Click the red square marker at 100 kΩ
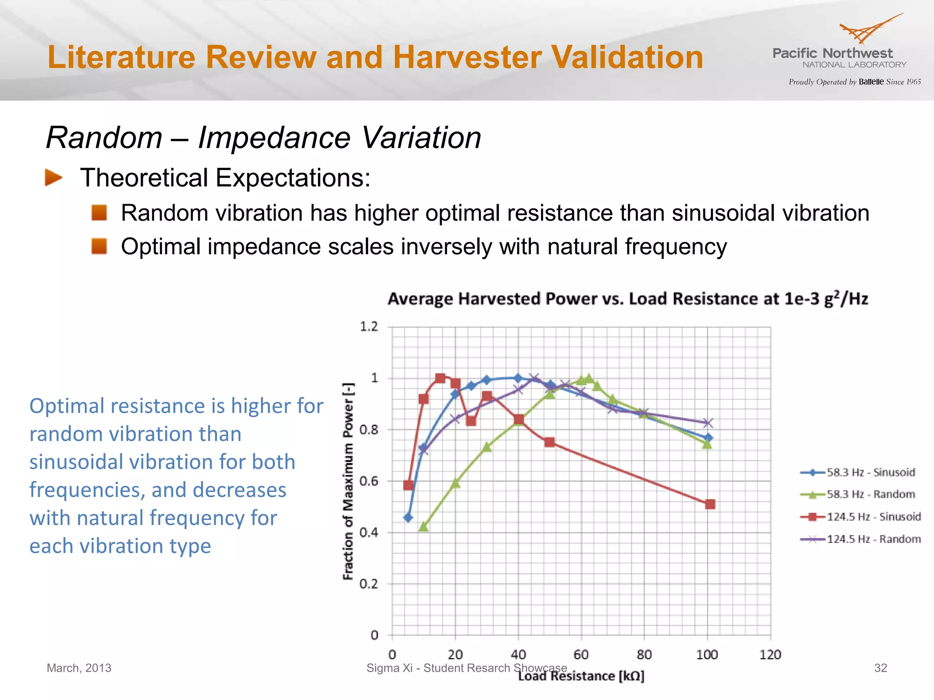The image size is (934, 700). [x=710, y=504]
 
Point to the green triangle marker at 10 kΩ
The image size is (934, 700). [x=423, y=526]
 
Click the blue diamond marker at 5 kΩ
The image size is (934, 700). [x=408, y=518]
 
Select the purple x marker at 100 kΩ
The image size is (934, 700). [x=708, y=423]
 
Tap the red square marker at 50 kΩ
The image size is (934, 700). [x=550, y=442]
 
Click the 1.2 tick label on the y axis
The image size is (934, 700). [x=369, y=326]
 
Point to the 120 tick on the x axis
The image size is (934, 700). [x=770, y=655]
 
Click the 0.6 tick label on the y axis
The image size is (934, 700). [x=369, y=481]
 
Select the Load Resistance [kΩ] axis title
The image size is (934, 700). [x=581, y=676]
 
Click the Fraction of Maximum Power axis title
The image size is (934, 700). [x=348, y=481]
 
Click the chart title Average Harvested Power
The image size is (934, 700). [x=628, y=299]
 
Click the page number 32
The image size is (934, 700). [x=880, y=668]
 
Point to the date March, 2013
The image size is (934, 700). [x=79, y=668]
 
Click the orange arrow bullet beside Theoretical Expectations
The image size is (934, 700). [x=53, y=178]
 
